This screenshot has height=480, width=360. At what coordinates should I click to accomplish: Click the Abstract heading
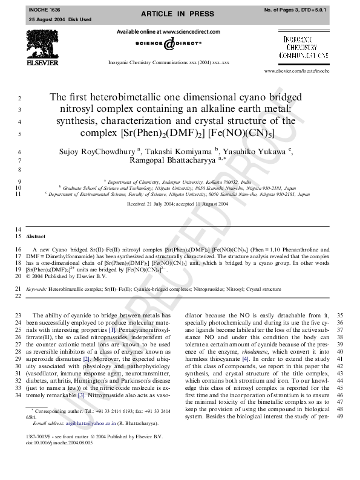pyautogui.click(x=36, y=237)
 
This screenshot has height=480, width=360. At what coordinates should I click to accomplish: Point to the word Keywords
pyautogui.click(x=37, y=290)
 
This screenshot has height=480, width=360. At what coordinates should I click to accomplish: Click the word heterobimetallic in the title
pyautogui.click(x=127, y=98)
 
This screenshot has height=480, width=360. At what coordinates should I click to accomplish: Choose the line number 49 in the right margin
pyautogui.click(x=339, y=416)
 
